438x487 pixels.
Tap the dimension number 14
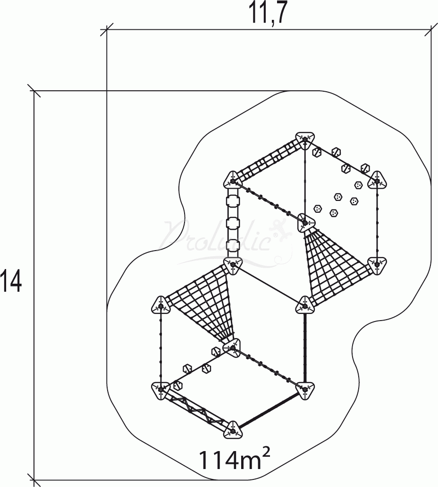click(11, 281)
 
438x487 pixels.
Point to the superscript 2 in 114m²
click(266, 453)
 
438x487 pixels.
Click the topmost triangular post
click(305, 140)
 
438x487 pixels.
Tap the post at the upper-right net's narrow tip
click(305, 223)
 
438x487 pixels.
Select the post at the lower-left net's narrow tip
click(232, 348)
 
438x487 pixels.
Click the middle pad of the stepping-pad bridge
click(233, 223)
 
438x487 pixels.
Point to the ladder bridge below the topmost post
click(269, 161)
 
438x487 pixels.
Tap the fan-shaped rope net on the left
click(202, 303)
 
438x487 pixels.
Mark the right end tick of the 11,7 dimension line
click(431, 30)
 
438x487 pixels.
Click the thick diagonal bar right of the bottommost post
click(269, 409)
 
